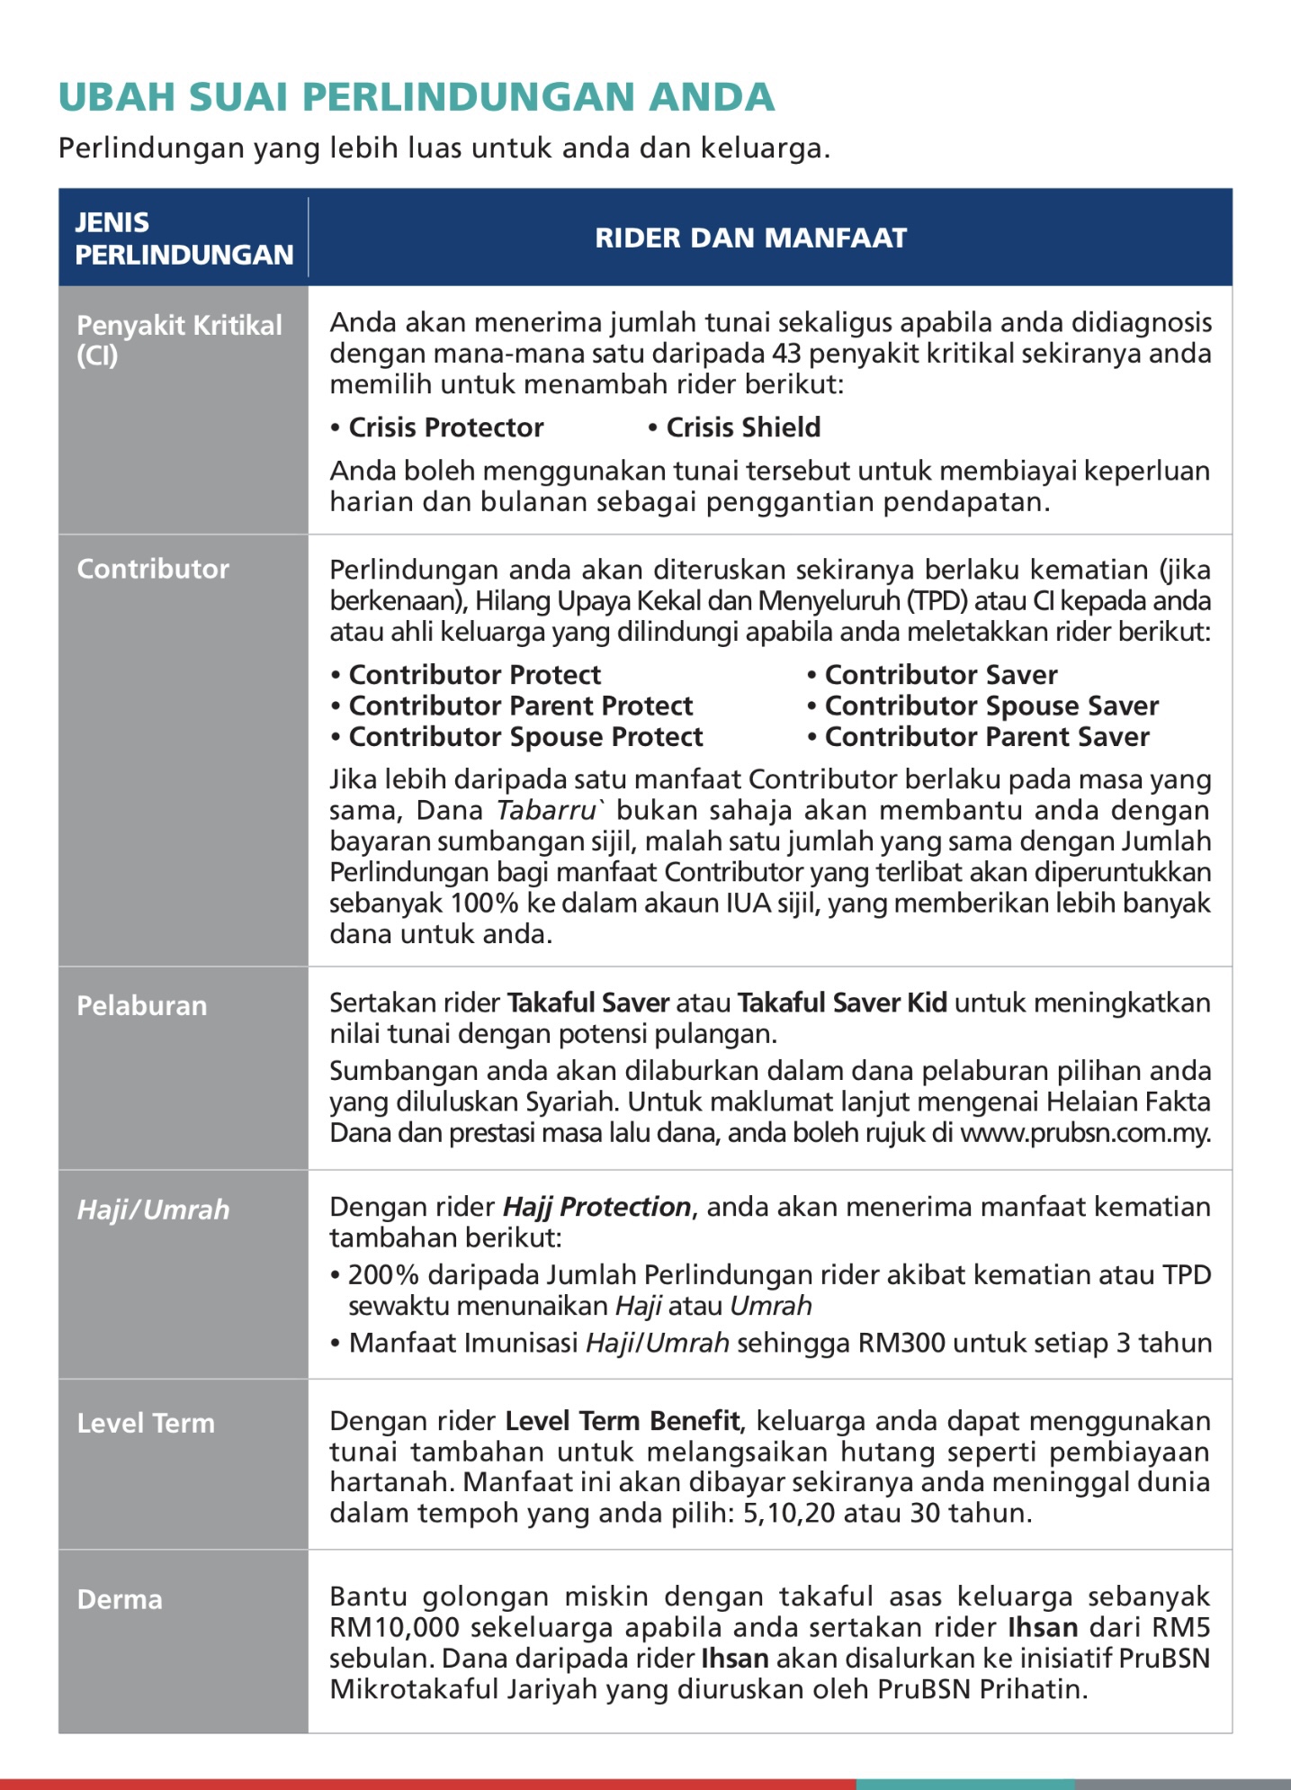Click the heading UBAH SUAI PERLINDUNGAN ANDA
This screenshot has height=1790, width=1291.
416,97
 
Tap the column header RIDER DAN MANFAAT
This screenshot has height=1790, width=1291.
750,238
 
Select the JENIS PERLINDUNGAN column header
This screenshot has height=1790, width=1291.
184,238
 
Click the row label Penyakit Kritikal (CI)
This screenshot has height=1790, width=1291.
179,340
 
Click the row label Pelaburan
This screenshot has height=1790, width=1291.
142,1005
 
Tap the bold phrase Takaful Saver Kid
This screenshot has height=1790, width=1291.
841,1003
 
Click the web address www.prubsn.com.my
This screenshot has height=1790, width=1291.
1085,1133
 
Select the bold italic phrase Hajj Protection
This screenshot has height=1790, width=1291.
596,1207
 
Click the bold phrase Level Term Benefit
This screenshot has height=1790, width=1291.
622,1421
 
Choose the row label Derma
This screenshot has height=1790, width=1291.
120,1599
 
